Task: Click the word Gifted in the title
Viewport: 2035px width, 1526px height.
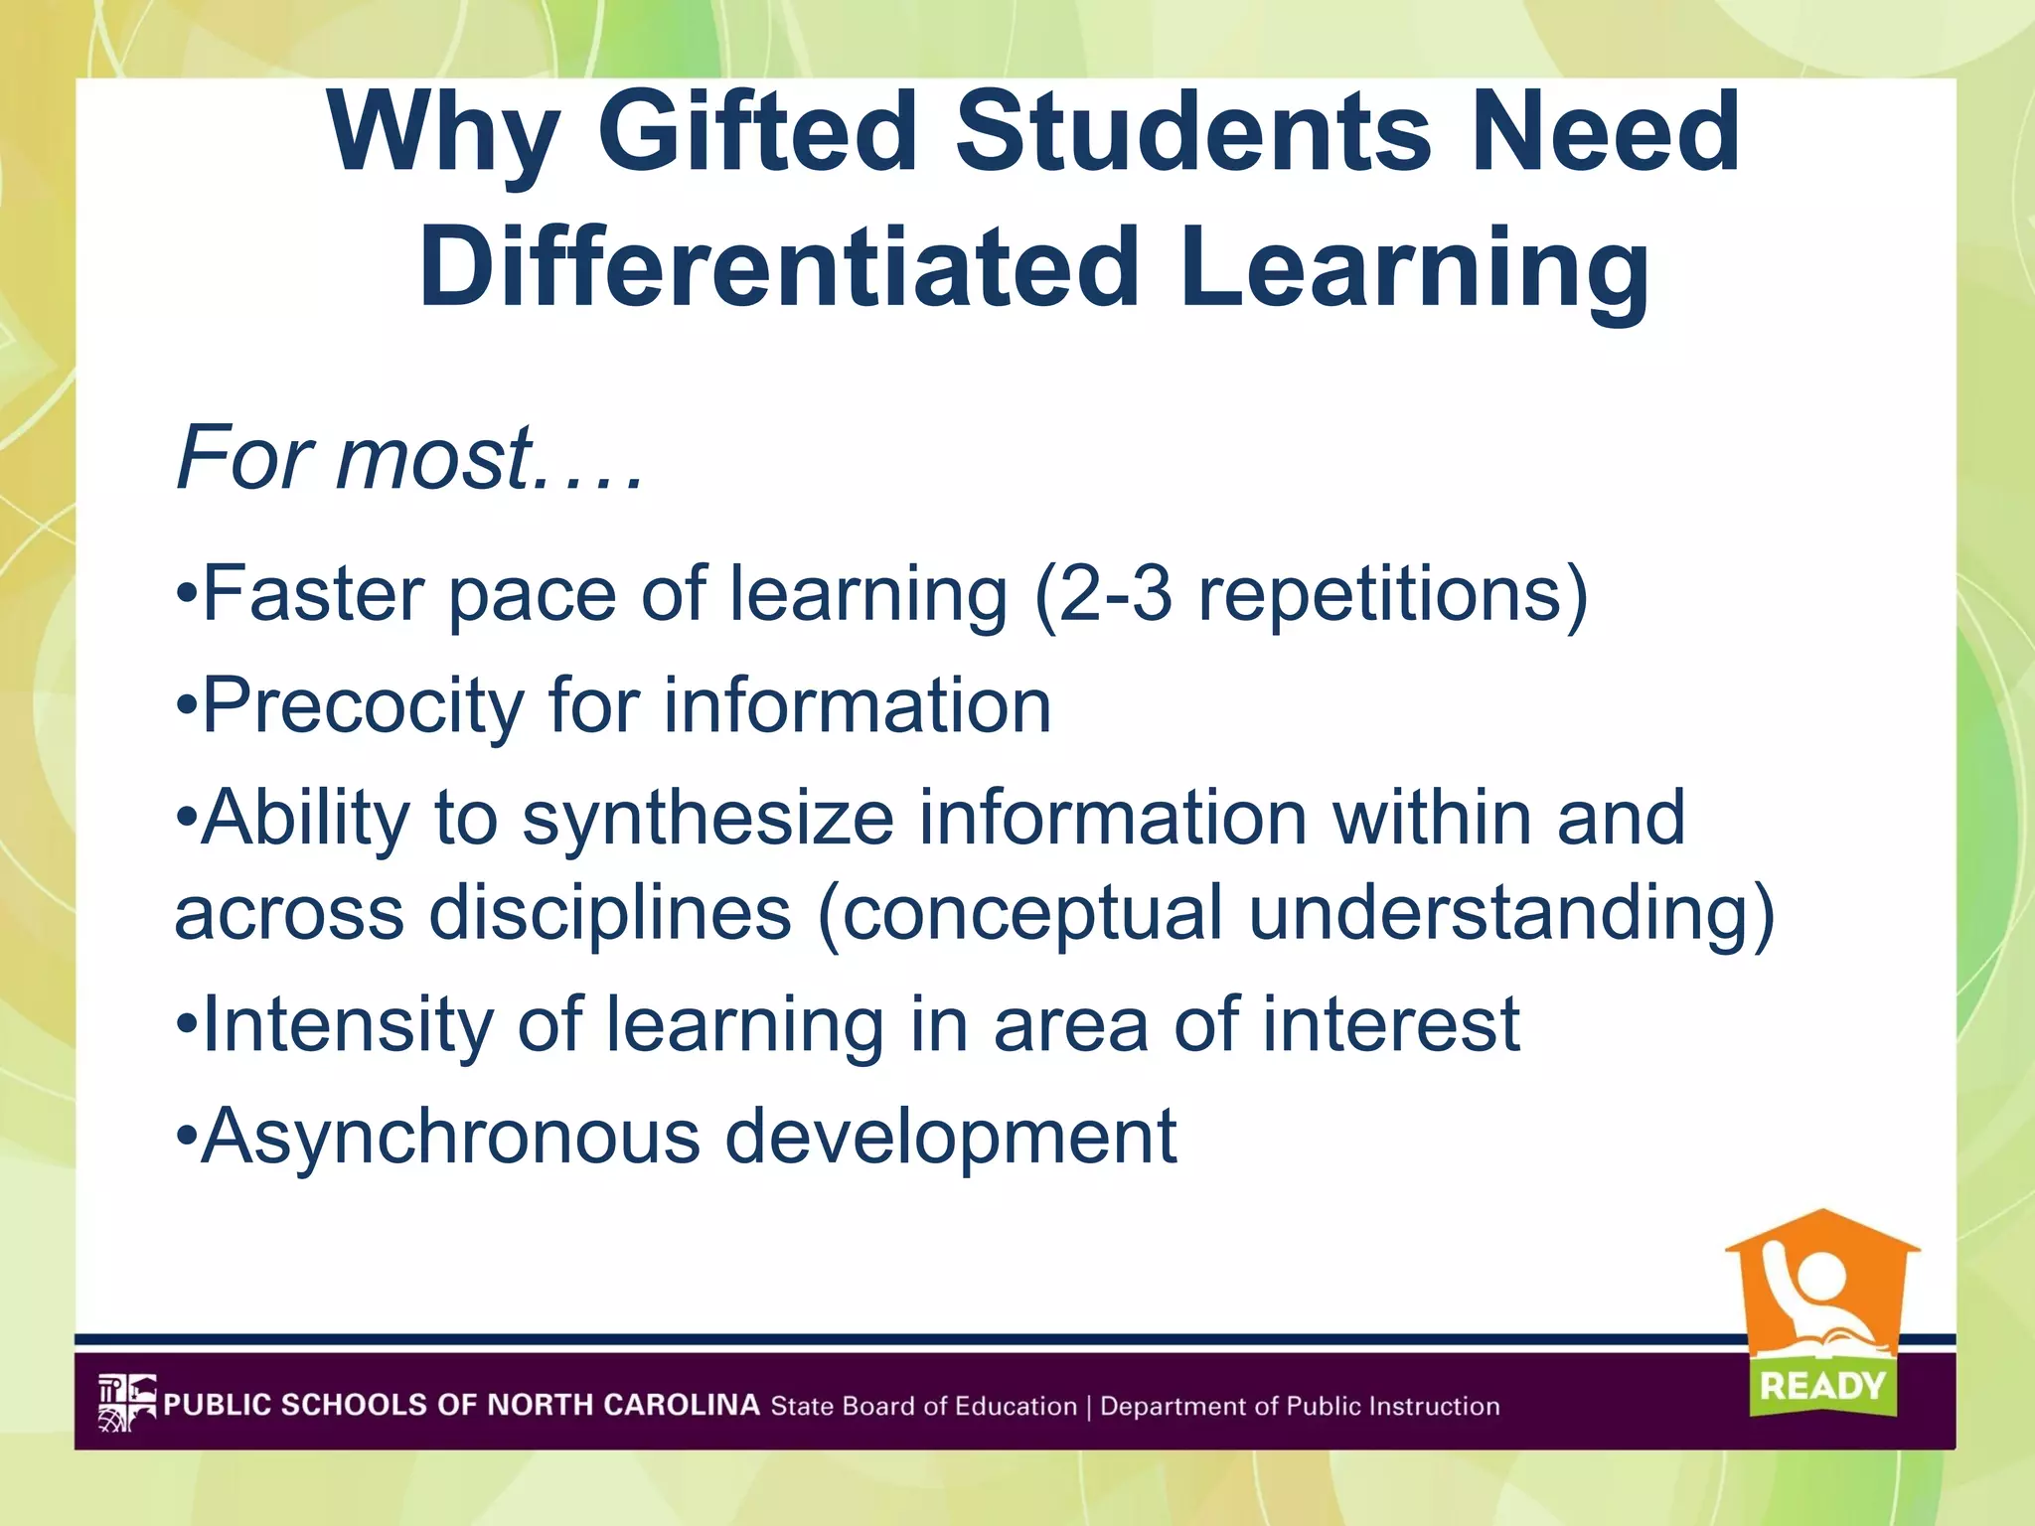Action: click(x=757, y=134)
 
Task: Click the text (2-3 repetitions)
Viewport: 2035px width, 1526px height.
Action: click(x=1311, y=594)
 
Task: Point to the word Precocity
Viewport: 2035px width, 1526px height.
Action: click(x=363, y=706)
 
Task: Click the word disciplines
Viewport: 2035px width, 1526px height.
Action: click(x=610, y=912)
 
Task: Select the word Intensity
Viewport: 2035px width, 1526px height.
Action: click(x=348, y=1025)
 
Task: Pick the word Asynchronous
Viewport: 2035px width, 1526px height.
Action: click(x=452, y=1137)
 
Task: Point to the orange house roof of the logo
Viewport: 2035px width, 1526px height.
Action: click(x=1822, y=1232)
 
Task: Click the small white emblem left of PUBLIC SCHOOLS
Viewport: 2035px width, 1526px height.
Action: click(x=126, y=1403)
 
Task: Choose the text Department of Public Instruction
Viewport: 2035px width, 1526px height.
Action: click(x=1300, y=1406)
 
